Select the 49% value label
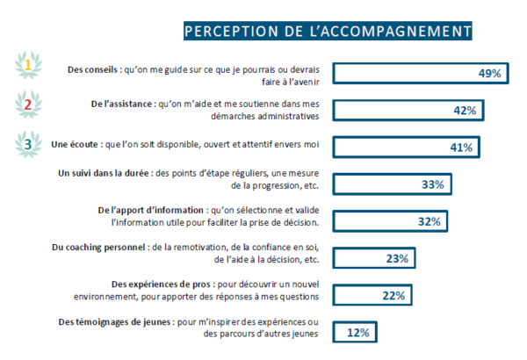coord(489,74)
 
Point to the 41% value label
coord(461,148)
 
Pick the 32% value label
coord(429,221)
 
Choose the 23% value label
coord(397,258)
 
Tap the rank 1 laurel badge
coord(28,64)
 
